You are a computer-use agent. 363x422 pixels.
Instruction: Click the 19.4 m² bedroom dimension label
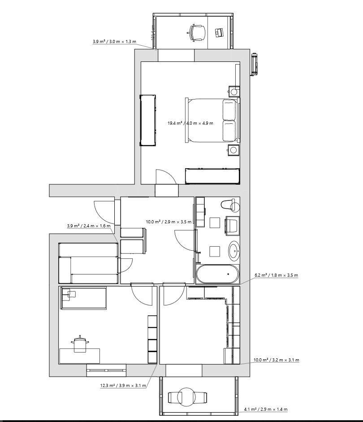click(x=190, y=123)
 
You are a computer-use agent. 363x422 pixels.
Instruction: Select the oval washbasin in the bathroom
click(x=234, y=251)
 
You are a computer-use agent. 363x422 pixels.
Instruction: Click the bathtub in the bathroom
click(x=217, y=274)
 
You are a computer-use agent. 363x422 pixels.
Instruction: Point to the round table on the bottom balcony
click(x=188, y=397)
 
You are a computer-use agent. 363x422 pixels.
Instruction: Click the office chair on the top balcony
click(x=197, y=33)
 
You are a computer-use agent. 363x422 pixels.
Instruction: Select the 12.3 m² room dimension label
click(x=123, y=385)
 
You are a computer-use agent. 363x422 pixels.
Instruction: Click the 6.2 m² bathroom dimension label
click(x=276, y=275)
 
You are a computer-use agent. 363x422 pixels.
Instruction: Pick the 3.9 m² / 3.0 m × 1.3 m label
click(x=114, y=42)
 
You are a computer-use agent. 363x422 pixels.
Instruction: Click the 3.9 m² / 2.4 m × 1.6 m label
click(x=88, y=226)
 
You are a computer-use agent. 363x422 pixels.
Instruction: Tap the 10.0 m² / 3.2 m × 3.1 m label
click(x=277, y=360)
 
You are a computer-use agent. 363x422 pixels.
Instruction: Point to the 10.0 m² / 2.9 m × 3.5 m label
click(x=169, y=222)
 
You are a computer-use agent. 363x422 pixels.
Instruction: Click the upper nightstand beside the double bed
click(x=233, y=91)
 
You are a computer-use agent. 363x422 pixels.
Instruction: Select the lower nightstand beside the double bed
click(x=233, y=150)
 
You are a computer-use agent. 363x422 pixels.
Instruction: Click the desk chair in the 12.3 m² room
click(x=80, y=344)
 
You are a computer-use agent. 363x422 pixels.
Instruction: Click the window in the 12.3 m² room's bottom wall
click(x=106, y=370)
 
